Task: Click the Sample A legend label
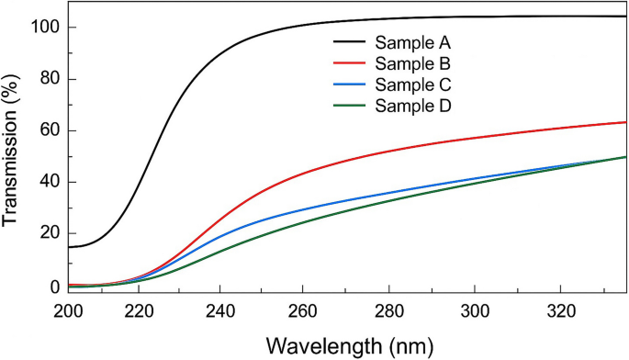pos(415,42)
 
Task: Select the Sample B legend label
pos(415,63)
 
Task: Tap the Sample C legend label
pos(415,84)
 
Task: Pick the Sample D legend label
pos(415,106)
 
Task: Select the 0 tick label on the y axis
pos(54,286)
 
